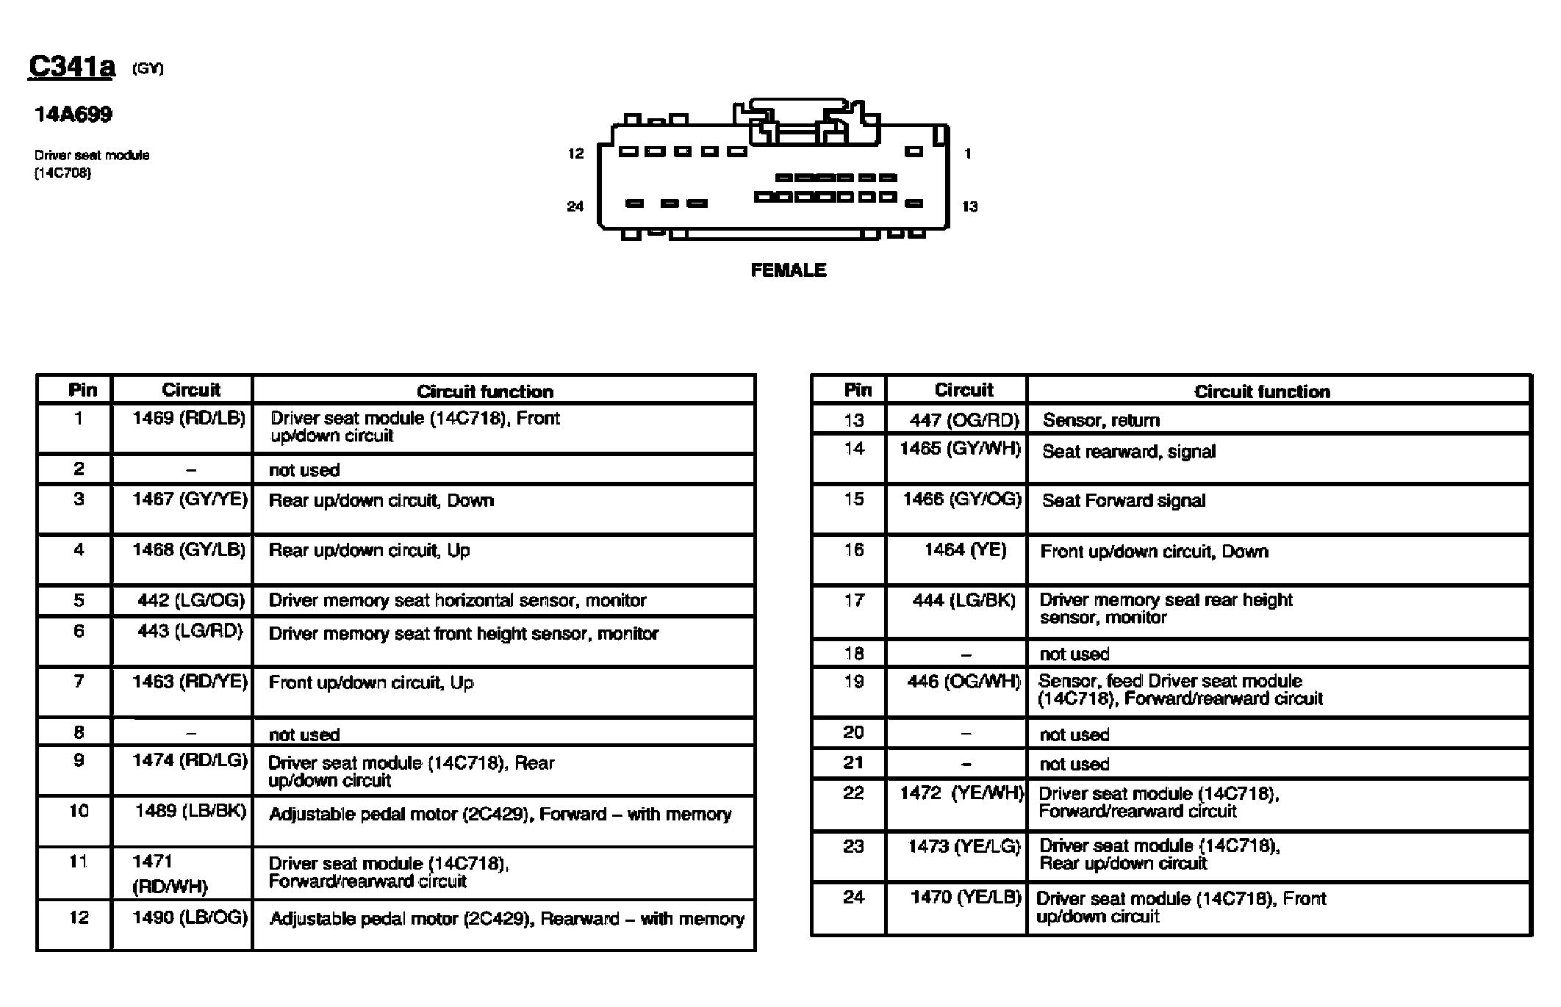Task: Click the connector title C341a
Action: [72, 67]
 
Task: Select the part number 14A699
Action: [73, 115]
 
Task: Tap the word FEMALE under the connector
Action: [788, 270]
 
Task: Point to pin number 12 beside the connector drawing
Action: [575, 154]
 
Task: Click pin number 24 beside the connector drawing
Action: [575, 206]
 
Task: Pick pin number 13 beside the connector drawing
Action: [969, 206]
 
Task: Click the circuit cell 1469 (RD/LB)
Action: [189, 419]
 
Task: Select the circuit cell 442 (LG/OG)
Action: [190, 600]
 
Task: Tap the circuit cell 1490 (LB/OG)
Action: [190, 917]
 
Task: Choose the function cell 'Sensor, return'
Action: [1101, 420]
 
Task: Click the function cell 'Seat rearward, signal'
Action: [1129, 452]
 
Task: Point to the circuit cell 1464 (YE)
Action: [965, 550]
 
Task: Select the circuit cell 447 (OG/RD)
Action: [964, 420]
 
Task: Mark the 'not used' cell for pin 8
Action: [304, 735]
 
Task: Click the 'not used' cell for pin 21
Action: [1074, 764]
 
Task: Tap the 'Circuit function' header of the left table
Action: [484, 391]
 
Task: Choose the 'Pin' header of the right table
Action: [858, 390]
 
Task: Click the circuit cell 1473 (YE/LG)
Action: [963, 847]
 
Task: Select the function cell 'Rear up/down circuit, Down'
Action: [381, 501]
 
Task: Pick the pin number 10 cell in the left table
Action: [79, 811]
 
